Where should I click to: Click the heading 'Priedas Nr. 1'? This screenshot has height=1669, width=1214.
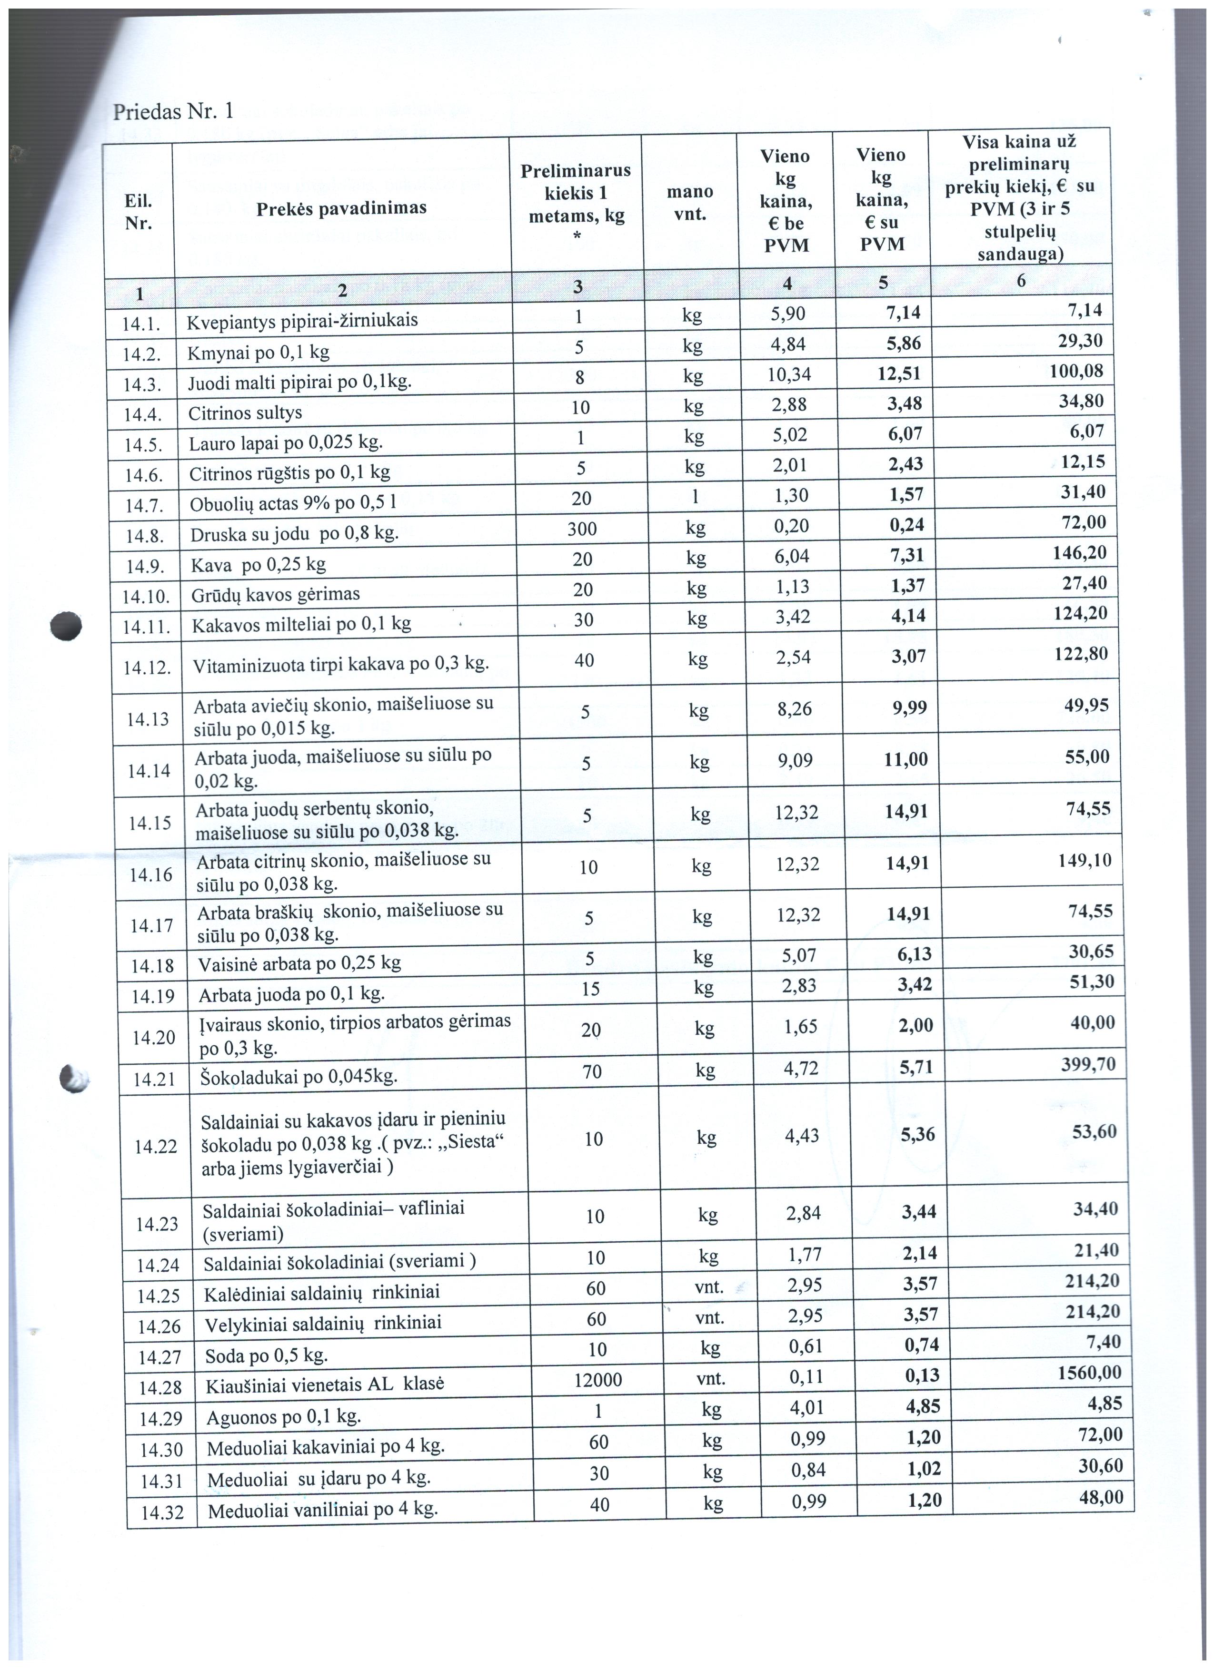173,111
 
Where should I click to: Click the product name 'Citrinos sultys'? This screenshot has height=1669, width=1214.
245,413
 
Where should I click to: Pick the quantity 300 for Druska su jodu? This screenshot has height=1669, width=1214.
582,529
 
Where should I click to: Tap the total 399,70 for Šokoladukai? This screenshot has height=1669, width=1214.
1088,1064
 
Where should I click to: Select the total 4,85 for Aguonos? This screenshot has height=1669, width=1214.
1105,1404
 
